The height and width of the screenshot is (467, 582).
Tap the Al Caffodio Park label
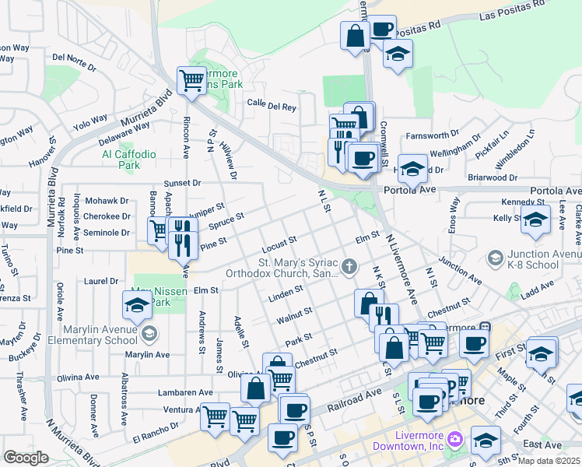tap(129, 160)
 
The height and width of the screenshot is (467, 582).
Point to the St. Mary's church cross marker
tap(350, 267)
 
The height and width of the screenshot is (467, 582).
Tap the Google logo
tap(26, 457)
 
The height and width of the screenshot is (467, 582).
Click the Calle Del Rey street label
tap(272, 104)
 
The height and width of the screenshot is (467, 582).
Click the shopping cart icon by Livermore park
tap(191, 79)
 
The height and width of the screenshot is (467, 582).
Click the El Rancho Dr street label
tap(156, 429)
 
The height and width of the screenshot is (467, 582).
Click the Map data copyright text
tap(549, 461)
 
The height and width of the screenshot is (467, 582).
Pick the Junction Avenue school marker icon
tap(495, 258)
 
